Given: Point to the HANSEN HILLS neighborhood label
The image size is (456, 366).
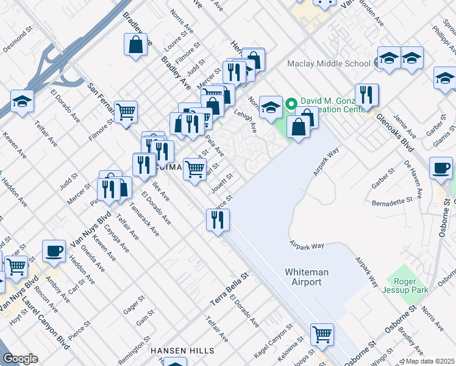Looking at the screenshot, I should point(182,351).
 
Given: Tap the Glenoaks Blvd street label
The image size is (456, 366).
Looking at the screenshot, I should point(394,130).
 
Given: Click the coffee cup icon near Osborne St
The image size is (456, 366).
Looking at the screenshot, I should point(441,168).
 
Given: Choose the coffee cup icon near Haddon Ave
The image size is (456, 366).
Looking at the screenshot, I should point(54,251).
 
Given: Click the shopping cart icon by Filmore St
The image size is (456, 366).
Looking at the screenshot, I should point(126,112).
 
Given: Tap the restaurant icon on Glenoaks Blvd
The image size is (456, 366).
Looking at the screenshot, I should point(366,96).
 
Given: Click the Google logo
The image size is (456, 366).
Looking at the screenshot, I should point(21,358).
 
